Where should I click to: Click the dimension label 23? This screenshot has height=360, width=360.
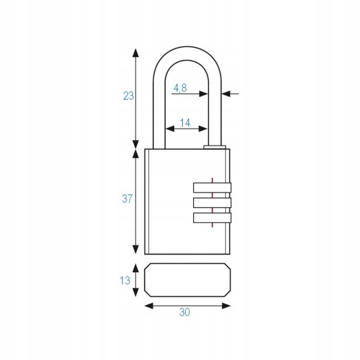(x=129, y=96)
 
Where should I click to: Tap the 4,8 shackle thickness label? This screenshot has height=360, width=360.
(x=180, y=89)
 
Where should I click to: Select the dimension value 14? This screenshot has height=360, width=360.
(x=185, y=123)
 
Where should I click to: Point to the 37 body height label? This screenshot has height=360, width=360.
(x=127, y=199)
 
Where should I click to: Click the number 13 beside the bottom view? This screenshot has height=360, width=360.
(x=125, y=281)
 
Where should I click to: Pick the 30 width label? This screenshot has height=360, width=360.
(x=185, y=312)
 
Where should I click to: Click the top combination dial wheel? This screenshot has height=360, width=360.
(x=212, y=188)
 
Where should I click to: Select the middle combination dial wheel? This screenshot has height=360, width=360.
(x=212, y=202)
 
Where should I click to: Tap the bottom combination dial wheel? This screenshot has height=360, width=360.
(x=212, y=218)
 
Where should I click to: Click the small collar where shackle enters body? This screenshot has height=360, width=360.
(x=214, y=147)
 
